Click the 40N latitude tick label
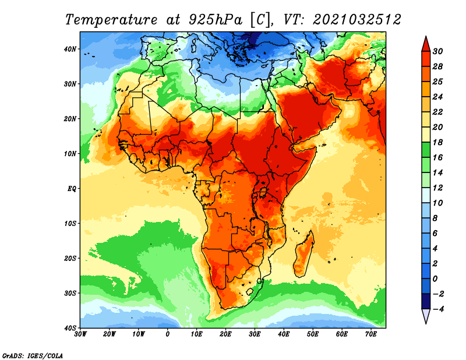pyautogui.click(x=70, y=49)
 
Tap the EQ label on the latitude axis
pyautogui.click(x=72, y=189)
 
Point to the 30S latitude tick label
pyautogui.click(x=70, y=294)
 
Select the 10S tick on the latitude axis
pyautogui.click(x=70, y=224)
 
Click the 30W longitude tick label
pyautogui.click(x=80, y=334)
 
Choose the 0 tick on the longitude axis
pyautogui.click(x=168, y=334)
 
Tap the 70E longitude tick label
pyautogui.click(x=371, y=334)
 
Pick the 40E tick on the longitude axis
pyautogui.click(x=284, y=334)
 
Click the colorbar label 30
pyautogui.click(x=437, y=51)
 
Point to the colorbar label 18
pyautogui.click(x=437, y=142)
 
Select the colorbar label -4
pyautogui.click(x=438, y=309)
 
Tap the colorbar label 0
pyautogui.click(x=435, y=279)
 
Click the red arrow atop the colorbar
pyautogui.click(x=426, y=44)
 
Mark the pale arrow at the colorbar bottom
pyautogui.click(x=426, y=316)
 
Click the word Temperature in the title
pyautogui.click(x=111, y=20)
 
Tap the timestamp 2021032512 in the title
pyautogui.click(x=356, y=20)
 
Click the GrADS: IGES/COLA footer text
pyautogui.click(x=33, y=355)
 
